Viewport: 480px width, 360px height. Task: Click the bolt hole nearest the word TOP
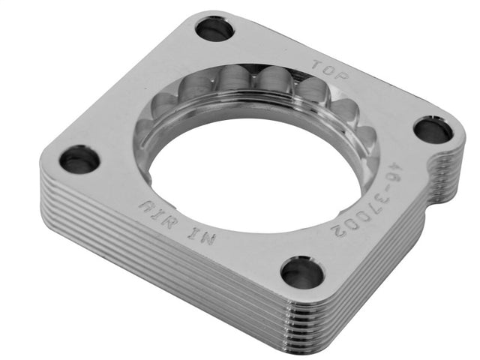(214, 29)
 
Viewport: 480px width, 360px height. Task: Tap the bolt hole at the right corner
(433, 130)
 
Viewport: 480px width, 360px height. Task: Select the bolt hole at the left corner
(79, 159)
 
